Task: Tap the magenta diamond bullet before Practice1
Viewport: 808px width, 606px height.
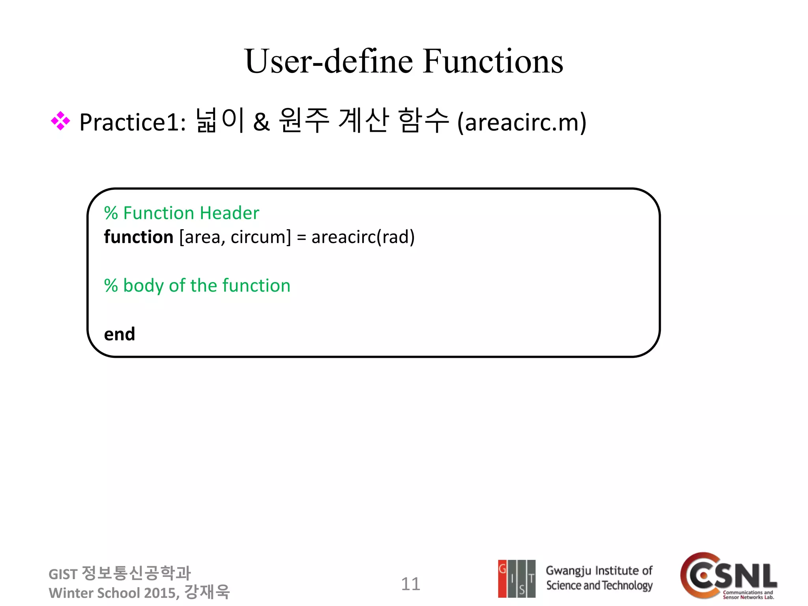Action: (x=60, y=121)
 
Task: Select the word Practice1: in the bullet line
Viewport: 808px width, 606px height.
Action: (x=133, y=122)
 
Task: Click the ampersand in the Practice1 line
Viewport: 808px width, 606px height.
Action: (x=261, y=122)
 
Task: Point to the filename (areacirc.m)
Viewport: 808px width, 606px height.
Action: (x=522, y=122)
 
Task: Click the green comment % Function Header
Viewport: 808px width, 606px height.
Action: (x=181, y=213)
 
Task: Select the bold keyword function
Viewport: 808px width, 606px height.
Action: (x=138, y=237)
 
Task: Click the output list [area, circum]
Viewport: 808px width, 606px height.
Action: (x=235, y=237)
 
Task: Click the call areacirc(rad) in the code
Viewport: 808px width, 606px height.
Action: (x=363, y=237)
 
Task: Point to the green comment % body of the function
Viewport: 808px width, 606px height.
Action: (x=197, y=286)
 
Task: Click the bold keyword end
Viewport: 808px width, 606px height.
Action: (x=119, y=334)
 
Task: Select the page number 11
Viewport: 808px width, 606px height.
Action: (x=410, y=584)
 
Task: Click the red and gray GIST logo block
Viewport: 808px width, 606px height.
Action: (x=516, y=578)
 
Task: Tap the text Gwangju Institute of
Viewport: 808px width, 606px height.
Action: (x=599, y=571)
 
